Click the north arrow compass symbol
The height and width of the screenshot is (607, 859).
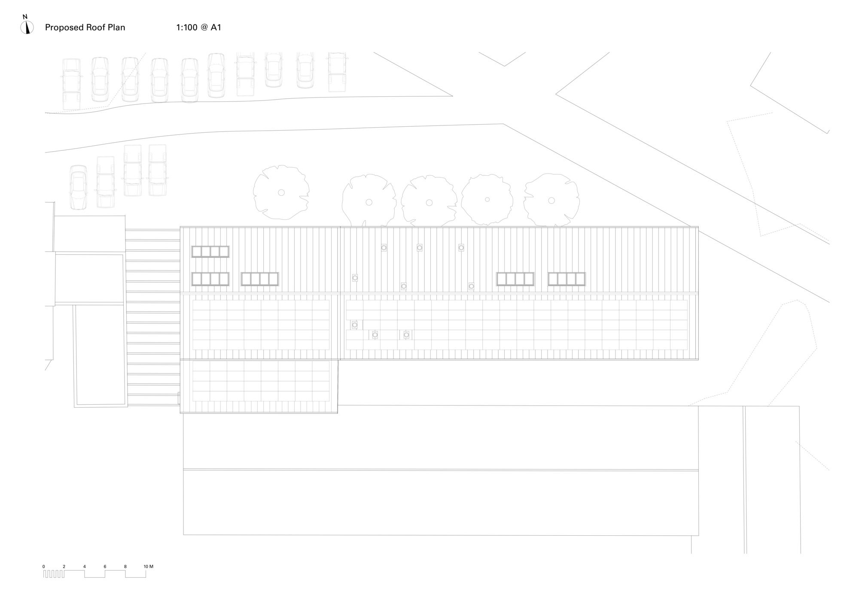click(27, 27)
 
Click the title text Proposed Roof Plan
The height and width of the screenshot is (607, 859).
click(85, 27)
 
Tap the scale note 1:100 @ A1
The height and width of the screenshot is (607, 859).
click(198, 27)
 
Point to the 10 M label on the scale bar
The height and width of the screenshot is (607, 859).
click(149, 567)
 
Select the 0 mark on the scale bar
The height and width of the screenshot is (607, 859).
click(44, 567)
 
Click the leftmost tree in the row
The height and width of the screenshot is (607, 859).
click(281, 192)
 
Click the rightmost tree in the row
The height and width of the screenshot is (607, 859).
click(551, 200)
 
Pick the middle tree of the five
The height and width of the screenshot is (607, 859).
click(429, 202)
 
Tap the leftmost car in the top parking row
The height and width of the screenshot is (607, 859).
click(71, 84)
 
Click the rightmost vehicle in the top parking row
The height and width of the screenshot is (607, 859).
click(337, 72)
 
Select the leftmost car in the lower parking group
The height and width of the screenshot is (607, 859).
click(78, 188)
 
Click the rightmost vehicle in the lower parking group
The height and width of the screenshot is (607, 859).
click(158, 170)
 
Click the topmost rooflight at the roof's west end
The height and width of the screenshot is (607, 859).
click(210, 251)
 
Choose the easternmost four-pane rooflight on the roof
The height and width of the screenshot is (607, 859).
click(567, 279)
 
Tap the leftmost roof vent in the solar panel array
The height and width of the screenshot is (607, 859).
click(354, 325)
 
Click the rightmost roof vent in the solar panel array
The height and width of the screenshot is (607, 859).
click(406, 335)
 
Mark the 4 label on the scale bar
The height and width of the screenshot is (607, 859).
click(85, 567)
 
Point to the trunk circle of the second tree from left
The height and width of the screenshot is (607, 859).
click(369, 202)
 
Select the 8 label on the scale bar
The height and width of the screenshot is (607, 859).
click(125, 567)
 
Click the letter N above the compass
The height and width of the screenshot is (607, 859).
click(25, 17)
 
